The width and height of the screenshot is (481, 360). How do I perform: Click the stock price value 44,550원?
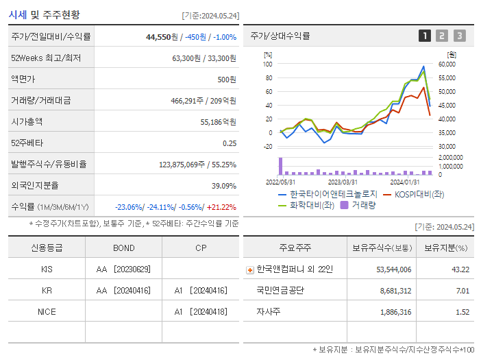[163, 37]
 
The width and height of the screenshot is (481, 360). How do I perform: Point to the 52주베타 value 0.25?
[230, 143]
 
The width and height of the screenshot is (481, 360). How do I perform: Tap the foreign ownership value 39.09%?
[224, 186]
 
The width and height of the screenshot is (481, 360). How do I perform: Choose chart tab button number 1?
[425, 36]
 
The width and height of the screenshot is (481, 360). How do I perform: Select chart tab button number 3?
[459, 36]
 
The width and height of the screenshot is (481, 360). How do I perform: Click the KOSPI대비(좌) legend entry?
[415, 194]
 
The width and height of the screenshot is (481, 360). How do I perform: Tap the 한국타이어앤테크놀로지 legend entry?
[333, 194]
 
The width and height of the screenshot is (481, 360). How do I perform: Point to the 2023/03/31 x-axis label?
[343, 182]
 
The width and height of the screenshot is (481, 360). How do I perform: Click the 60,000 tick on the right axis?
[446, 64]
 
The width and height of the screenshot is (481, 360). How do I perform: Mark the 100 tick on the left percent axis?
[268, 64]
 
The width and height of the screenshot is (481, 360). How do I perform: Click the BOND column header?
[124, 248]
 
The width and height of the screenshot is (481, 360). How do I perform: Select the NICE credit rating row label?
[47, 312]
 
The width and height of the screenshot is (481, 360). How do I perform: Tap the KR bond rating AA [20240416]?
[124, 291]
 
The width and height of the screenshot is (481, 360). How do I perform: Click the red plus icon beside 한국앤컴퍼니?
[249, 269]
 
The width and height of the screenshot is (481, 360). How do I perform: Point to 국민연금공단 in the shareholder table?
[280, 291]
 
